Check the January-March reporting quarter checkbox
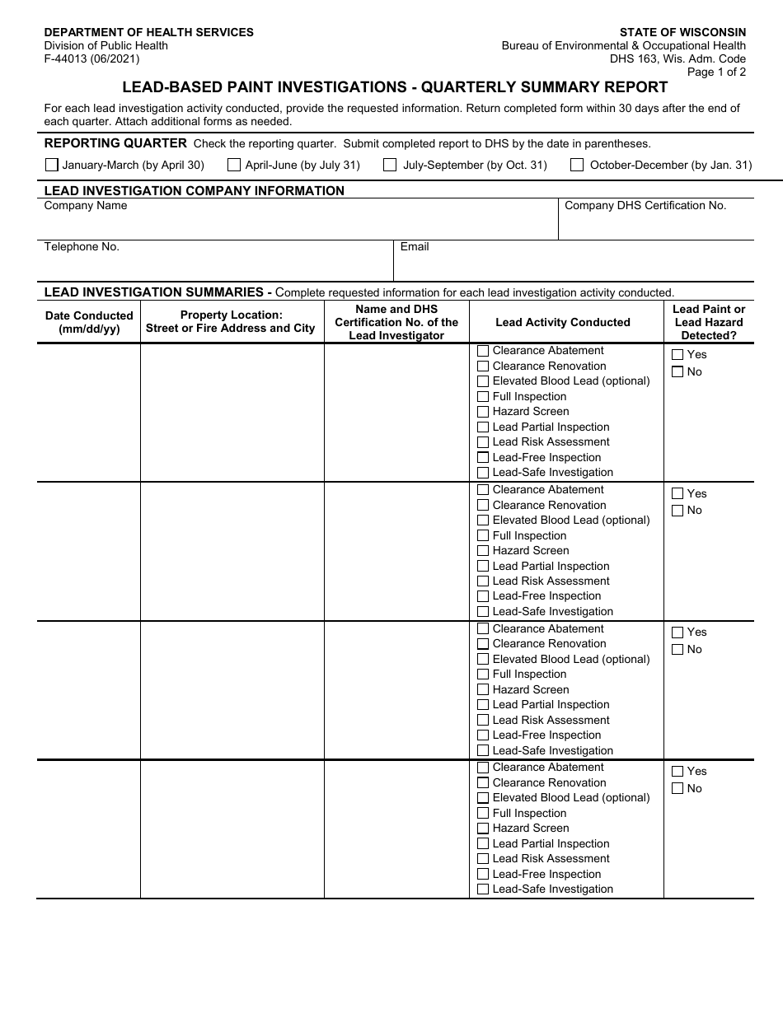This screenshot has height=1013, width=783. pos(52,165)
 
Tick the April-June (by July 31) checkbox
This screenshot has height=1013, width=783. pos(234,165)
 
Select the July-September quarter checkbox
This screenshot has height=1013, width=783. pos(390,165)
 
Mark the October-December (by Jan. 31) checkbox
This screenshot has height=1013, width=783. pos(577,165)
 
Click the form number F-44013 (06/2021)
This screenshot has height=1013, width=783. pos(91,58)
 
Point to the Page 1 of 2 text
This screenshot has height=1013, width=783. pos(716,72)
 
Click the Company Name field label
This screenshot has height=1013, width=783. pos(86,206)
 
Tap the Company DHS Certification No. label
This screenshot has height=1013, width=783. pos(645,206)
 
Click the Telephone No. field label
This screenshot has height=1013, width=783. pos(82,247)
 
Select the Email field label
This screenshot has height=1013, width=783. pos(415,247)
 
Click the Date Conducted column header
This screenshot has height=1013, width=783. pos(89,322)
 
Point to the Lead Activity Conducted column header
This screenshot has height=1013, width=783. pos(563,323)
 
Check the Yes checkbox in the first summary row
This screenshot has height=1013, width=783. pos(678,355)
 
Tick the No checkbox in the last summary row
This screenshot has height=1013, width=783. pos(678,789)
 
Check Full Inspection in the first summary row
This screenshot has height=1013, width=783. pos(483,397)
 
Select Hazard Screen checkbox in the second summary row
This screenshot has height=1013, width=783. pos(483,551)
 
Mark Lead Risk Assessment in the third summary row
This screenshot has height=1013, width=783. pos(483,721)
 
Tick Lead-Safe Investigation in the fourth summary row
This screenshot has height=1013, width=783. pos(483,889)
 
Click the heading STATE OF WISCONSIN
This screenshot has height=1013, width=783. pos(682,32)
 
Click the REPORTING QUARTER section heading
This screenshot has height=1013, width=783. pos(115,143)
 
